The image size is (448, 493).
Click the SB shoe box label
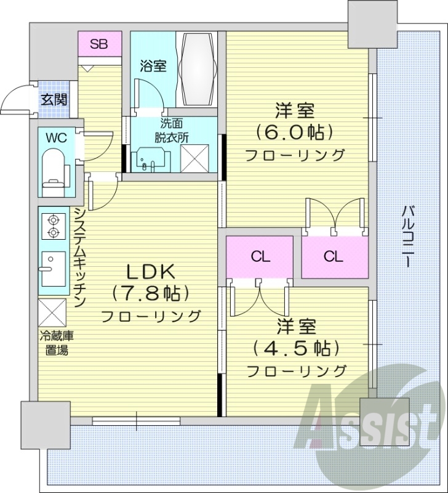(98, 44)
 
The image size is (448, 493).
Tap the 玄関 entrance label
(54, 99)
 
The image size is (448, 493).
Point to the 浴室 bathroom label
(153, 66)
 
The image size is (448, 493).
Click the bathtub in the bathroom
(198, 70)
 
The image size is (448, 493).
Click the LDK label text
(151, 271)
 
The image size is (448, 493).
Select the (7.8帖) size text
(150, 293)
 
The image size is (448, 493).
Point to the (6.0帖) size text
(295, 132)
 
